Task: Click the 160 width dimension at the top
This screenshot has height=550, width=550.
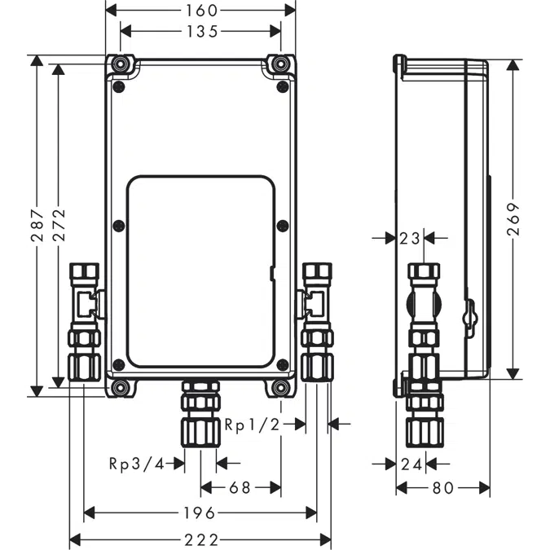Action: point(200,10)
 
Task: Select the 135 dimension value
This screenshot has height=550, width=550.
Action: point(200,32)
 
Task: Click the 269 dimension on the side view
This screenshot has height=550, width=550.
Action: point(513,219)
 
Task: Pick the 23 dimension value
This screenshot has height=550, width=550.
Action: point(409,238)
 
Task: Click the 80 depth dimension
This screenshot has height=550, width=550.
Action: point(442,487)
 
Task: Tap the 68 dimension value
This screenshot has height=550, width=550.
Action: point(240,487)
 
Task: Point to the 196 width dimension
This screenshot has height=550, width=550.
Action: point(200,513)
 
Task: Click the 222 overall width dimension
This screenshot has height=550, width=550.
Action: point(200,539)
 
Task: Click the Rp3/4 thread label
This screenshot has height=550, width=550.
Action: point(135,464)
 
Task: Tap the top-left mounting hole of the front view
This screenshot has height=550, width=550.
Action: point(121,64)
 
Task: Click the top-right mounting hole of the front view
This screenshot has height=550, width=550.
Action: point(281,64)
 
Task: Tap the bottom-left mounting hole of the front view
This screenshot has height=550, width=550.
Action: point(121,387)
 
